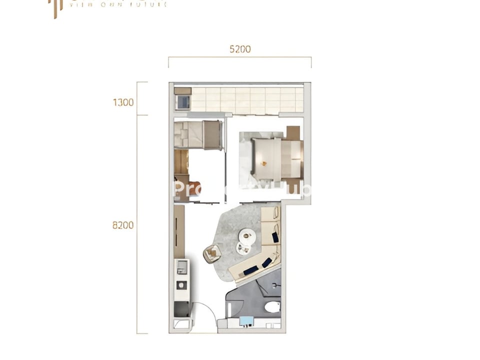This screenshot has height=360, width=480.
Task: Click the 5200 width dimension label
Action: coord(240,49)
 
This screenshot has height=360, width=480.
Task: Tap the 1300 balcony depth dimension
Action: coord(123,102)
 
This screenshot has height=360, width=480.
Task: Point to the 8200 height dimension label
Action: coord(123,225)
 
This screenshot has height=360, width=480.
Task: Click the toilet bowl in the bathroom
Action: coord(272,306)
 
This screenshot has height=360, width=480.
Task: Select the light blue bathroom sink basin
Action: coord(246,321)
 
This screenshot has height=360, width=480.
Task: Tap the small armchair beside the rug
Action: coord(212,253)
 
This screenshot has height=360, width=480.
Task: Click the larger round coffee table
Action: coord(247,235)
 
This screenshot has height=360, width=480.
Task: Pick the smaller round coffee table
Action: coord(243,248)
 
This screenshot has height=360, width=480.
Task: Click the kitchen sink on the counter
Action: coord(182,267)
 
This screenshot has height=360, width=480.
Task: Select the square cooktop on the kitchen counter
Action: coord(182,285)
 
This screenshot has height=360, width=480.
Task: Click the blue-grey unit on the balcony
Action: coord(183,102)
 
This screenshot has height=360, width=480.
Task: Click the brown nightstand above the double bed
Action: coord(293,133)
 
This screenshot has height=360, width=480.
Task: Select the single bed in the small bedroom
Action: coord(198,135)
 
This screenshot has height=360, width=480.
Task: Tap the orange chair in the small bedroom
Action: coord(194,187)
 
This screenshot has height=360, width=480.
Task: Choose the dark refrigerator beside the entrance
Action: coord(182,309)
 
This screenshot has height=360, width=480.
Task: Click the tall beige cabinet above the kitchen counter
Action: coord(179,231)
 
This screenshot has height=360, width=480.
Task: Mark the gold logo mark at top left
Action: coord(55,7)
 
